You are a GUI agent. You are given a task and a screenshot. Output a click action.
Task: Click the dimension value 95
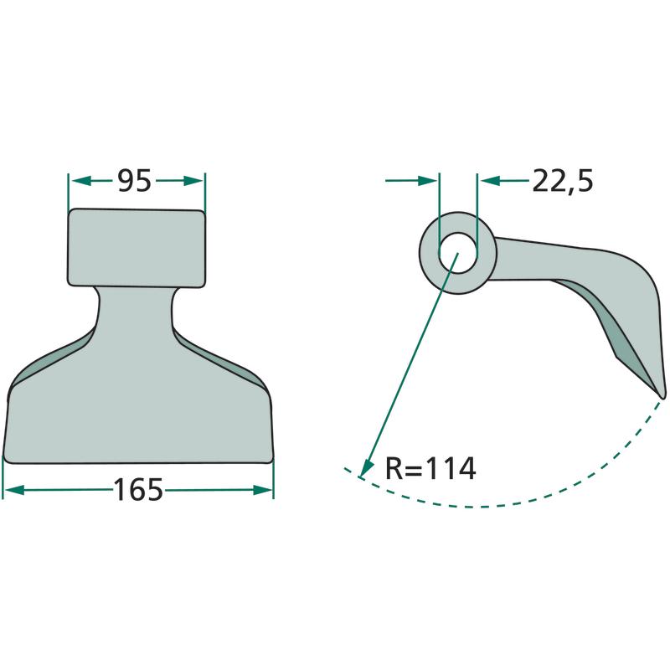click(134, 181)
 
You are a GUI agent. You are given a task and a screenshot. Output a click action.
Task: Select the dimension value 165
click(138, 490)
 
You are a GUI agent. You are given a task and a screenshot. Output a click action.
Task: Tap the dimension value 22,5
click(563, 182)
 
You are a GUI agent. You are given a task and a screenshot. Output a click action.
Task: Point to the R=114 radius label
click(430, 469)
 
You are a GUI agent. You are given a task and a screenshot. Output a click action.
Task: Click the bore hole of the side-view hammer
click(458, 253)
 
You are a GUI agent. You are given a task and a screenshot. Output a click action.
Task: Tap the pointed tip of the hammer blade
click(662, 397)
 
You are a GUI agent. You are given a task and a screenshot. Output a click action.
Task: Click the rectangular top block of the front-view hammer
click(137, 248)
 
